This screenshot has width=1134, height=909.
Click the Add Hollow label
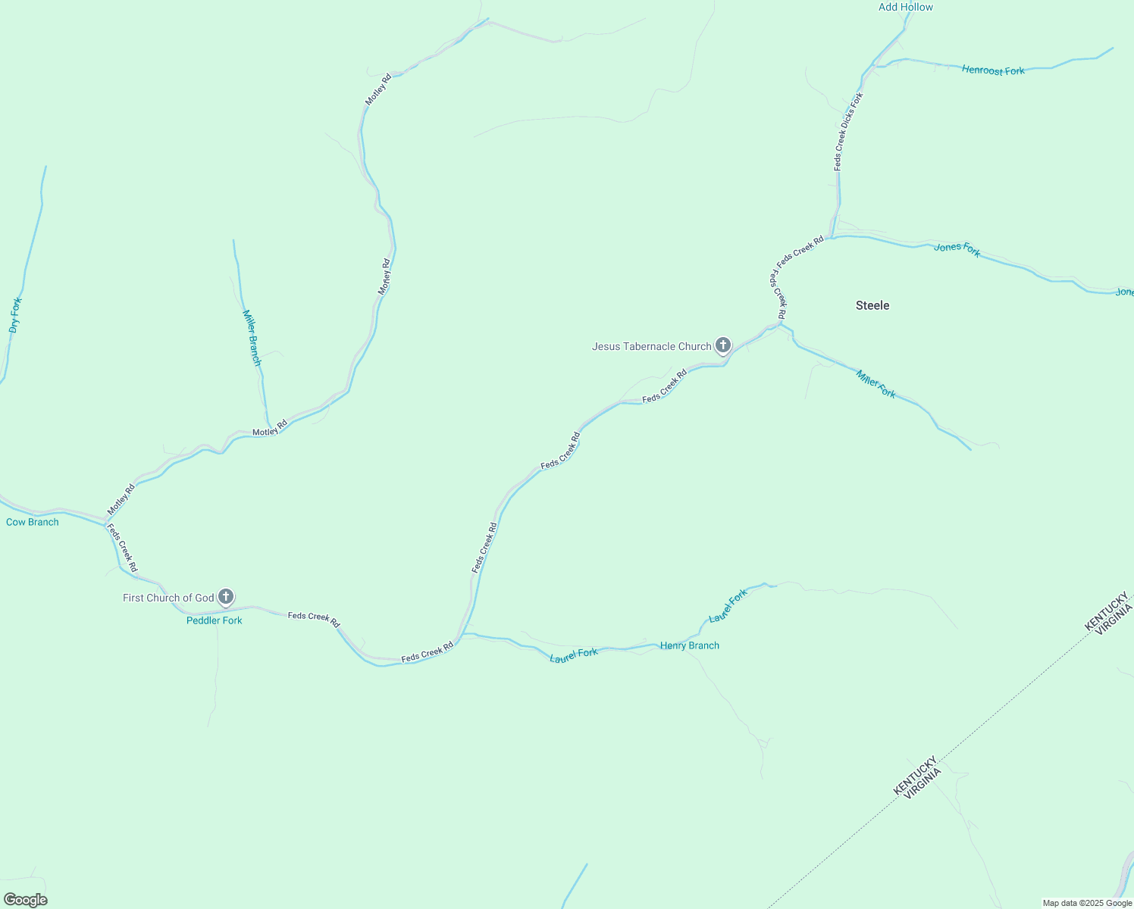point(905,8)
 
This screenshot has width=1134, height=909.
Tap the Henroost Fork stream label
point(993,70)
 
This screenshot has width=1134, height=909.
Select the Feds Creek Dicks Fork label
point(848,131)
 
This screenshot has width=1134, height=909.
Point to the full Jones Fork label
point(957,249)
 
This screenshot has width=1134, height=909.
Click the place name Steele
point(872,305)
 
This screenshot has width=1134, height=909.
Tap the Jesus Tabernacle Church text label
point(651,347)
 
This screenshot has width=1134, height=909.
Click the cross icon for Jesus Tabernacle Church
point(723,345)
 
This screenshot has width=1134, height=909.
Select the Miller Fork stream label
point(876,383)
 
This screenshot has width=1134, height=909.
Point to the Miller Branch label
point(252,338)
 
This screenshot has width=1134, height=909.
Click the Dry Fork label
point(15,315)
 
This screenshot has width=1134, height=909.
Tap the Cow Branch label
point(33,522)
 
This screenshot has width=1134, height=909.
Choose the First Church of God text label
point(168,598)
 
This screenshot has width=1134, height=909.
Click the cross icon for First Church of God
point(226,597)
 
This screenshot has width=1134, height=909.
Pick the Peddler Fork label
point(215,620)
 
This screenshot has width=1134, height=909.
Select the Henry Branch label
point(690,645)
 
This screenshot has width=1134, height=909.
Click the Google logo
point(26,900)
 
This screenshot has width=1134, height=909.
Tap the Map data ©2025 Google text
point(1087,903)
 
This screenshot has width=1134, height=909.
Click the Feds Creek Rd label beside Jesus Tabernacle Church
point(664,386)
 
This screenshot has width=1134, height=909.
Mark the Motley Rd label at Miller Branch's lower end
point(270,428)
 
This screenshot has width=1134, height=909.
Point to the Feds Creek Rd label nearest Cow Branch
point(122,548)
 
